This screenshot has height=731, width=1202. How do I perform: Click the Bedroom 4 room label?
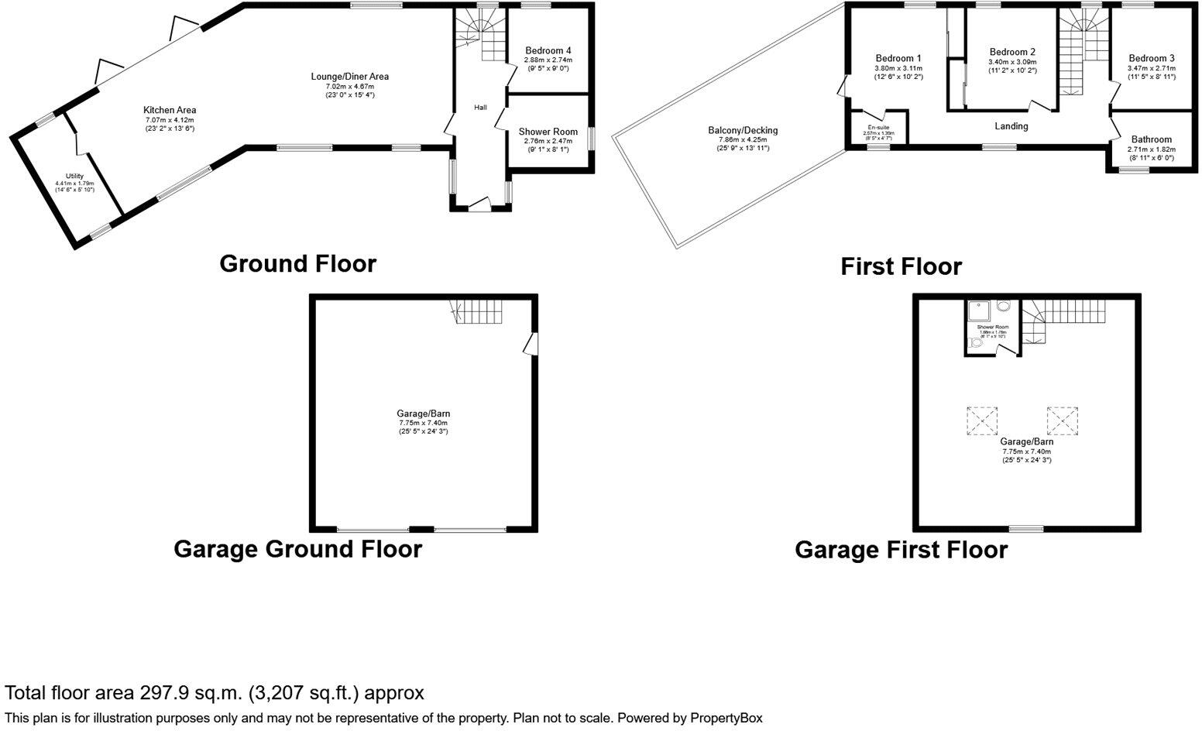point(548,50)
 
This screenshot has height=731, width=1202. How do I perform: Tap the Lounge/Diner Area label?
point(349,77)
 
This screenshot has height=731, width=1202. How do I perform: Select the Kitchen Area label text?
point(170,110)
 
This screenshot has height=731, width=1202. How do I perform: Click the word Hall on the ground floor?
point(481,107)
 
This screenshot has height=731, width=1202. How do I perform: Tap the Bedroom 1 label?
point(898,58)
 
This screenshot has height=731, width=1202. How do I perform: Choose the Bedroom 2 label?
point(1012,52)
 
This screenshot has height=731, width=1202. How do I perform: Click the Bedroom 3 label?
point(1152,58)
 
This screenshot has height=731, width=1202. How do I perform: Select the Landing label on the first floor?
point(1011,126)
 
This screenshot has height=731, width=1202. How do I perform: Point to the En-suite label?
point(877,127)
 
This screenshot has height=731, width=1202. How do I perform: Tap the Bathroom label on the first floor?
point(1152,139)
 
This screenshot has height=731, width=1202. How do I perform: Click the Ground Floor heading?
point(298,264)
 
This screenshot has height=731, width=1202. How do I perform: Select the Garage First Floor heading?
point(901,551)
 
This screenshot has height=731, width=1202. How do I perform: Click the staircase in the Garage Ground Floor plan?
point(478,313)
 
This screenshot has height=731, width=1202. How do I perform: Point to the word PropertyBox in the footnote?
point(725,719)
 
